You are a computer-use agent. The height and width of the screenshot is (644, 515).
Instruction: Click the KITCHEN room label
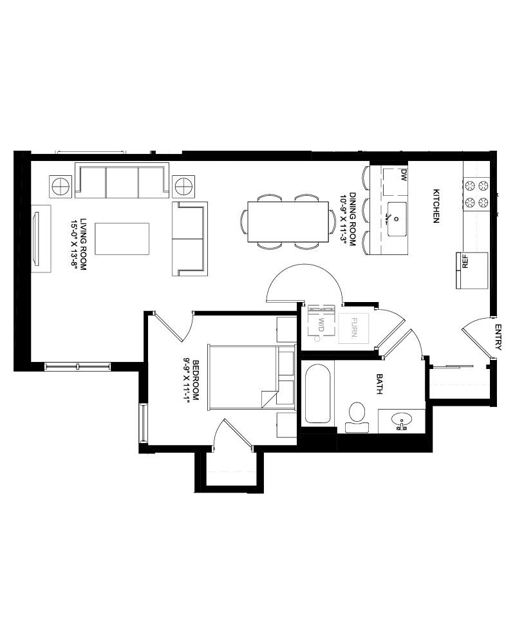point(436,206)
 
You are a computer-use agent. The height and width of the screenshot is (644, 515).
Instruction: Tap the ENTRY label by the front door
point(498,337)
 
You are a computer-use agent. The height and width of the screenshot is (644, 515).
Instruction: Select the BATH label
point(379,384)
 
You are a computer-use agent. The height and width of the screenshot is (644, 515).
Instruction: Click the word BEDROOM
point(196,381)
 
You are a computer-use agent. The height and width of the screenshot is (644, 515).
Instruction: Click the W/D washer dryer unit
point(321,321)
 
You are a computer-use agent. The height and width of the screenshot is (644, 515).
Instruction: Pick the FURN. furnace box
point(353,328)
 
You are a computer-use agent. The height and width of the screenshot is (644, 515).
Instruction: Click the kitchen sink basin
point(397,219)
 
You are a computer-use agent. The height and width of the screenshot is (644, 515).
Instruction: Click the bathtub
point(317,393)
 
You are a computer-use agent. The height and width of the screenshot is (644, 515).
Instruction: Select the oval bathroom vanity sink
point(402,420)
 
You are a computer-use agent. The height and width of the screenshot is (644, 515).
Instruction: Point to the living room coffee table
point(122,239)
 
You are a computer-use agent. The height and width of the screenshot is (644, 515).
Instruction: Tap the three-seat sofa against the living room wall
point(122,181)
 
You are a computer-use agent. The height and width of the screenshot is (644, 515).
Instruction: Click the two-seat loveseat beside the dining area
point(190,239)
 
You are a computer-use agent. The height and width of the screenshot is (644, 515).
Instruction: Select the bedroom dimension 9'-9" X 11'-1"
point(187,381)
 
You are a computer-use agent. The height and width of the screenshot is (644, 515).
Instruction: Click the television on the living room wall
point(37,239)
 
